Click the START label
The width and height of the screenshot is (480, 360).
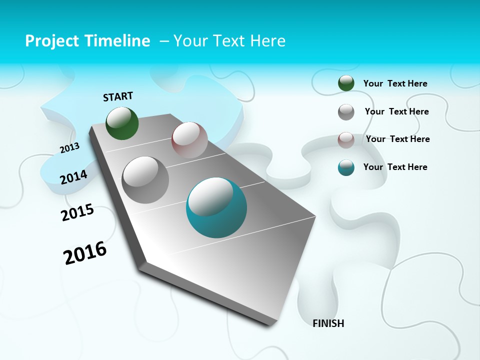[118, 96]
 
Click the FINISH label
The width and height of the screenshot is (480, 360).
[328, 323]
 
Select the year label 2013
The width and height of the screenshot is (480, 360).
[69, 147]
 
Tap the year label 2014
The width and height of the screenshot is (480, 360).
[73, 177]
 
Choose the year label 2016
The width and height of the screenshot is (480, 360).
[85, 253]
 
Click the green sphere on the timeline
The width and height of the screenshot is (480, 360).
[122, 123]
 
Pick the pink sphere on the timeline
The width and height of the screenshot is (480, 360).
[189, 140]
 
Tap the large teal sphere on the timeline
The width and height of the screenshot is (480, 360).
[216, 207]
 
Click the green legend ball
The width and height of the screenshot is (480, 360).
[346, 83]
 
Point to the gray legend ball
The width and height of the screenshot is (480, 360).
[346, 112]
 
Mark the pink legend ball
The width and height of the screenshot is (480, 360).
[346, 140]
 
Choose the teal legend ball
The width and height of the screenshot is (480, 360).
[346, 167]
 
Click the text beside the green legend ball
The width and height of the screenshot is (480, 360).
[395, 83]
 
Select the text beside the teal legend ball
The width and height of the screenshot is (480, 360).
[395, 167]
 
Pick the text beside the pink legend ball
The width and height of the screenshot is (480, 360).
[397, 139]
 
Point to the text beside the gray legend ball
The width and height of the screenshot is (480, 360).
[396, 111]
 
